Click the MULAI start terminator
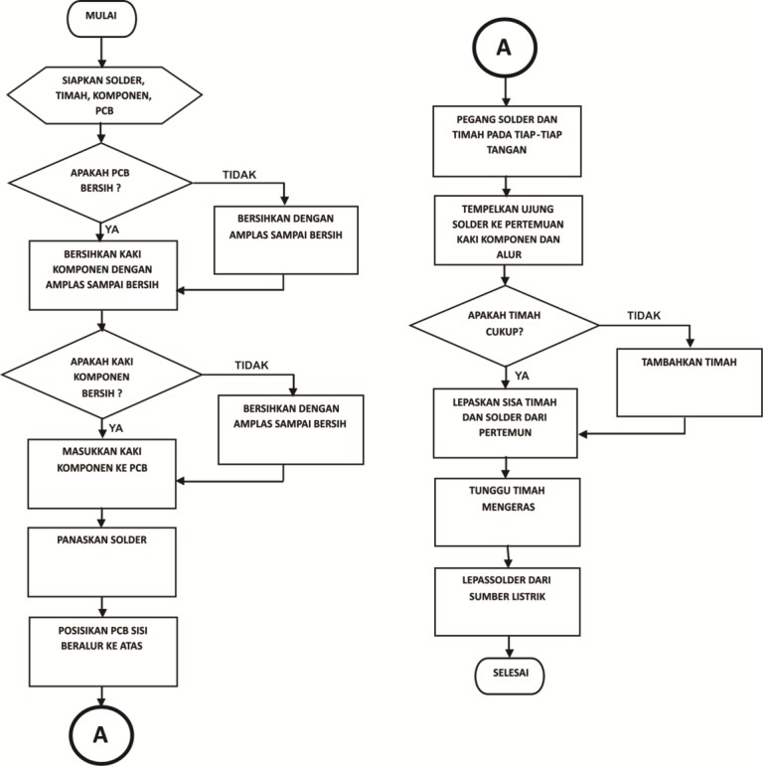[100, 18]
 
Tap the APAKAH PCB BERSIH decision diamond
[99, 181]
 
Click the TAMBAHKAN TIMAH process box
[688, 382]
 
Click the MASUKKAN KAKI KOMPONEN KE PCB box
[102, 475]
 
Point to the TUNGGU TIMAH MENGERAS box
[508, 512]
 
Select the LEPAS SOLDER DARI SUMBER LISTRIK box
[508, 600]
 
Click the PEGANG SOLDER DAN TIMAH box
[507, 138]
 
